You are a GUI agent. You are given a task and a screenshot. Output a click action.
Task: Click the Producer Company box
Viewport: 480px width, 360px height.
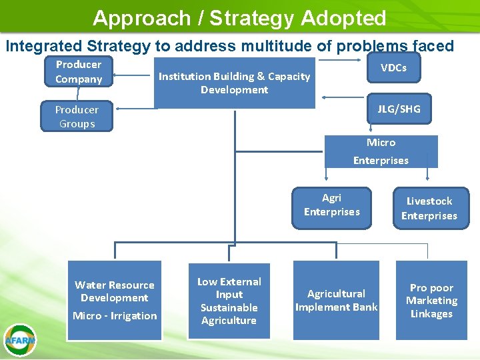tap(79, 71)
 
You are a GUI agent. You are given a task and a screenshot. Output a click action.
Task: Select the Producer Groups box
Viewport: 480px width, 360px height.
tap(77, 117)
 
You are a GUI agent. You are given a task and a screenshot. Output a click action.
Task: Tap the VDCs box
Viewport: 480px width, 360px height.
tap(393, 68)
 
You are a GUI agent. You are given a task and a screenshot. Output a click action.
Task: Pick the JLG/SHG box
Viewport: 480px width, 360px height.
tap(399, 109)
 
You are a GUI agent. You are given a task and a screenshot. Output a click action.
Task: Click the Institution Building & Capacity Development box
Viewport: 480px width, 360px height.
tap(234, 83)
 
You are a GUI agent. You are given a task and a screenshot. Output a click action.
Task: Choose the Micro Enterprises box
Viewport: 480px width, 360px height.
tap(381, 151)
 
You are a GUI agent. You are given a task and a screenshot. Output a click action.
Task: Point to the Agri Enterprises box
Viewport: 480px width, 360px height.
tap(331, 205)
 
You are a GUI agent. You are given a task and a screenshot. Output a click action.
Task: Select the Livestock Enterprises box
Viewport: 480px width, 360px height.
tap(429, 208)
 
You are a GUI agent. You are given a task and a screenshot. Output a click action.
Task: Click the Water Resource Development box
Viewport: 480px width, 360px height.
tap(115, 299)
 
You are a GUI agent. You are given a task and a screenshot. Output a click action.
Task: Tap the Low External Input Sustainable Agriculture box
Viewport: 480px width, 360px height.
tap(229, 301)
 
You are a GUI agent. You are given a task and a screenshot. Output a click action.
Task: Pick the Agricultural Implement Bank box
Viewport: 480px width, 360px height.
tap(336, 300)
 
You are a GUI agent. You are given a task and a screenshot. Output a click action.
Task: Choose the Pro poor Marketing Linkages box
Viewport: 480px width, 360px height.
tap(431, 301)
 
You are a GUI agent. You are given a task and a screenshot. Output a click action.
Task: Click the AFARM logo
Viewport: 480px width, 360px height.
tap(19, 339)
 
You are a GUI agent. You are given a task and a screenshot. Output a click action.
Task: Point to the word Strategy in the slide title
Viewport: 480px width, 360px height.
tap(251, 18)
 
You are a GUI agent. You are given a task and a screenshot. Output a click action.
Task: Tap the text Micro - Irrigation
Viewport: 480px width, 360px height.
tap(115, 316)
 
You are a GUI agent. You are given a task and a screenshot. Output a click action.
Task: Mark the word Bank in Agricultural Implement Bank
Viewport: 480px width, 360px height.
tap(365, 307)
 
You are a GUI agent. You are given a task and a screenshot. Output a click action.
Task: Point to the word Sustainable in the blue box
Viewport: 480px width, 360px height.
tap(229, 307)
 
